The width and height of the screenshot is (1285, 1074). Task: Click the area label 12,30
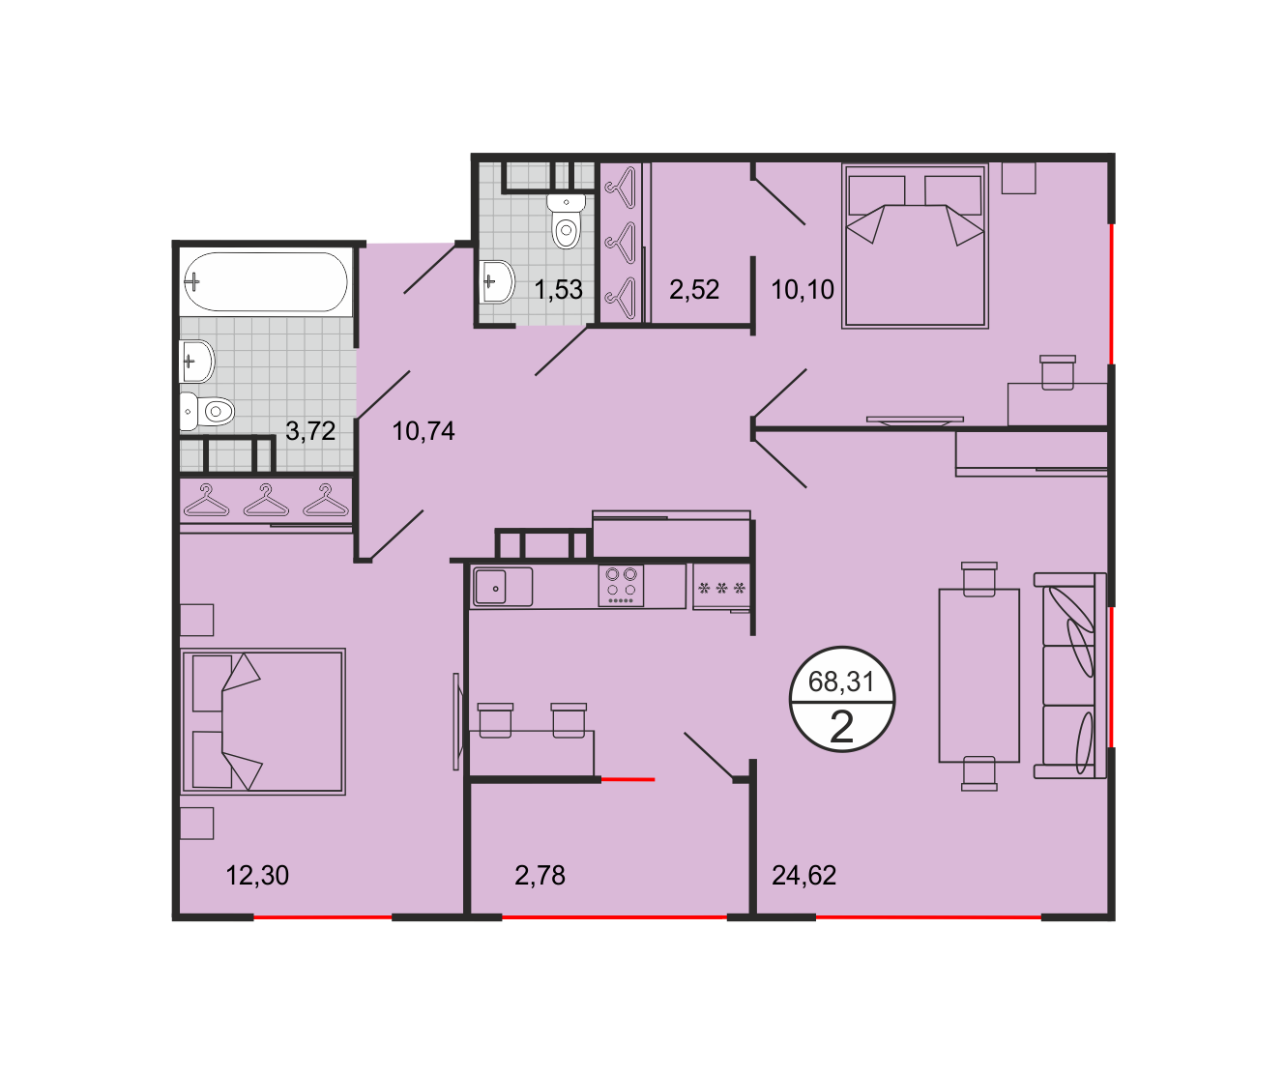click(257, 875)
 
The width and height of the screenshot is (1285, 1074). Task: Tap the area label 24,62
click(803, 875)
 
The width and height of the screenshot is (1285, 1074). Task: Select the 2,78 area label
click(540, 875)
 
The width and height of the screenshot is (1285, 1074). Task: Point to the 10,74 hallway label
click(423, 431)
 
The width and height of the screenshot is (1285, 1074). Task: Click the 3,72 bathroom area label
click(310, 431)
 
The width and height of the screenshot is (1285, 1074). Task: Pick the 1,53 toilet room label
click(558, 289)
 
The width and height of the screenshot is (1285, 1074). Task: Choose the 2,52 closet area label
click(694, 289)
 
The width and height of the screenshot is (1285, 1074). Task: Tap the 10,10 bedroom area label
click(803, 289)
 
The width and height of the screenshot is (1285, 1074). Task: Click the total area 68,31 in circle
click(841, 682)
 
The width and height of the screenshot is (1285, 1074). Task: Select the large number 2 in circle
click(842, 728)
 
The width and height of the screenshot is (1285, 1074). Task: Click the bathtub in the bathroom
click(266, 282)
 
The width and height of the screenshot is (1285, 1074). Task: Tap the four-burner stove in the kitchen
click(621, 585)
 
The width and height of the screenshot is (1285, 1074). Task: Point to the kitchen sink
click(502, 587)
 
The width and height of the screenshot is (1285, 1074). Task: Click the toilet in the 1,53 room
click(567, 221)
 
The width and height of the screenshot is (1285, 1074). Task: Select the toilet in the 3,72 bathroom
click(207, 411)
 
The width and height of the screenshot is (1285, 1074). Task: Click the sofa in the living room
click(1069, 676)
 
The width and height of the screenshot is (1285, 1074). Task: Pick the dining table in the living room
click(978, 675)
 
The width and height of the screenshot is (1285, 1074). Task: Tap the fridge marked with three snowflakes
click(721, 587)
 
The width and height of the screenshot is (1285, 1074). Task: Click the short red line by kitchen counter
click(628, 779)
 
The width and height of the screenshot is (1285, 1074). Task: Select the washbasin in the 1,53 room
click(497, 282)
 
